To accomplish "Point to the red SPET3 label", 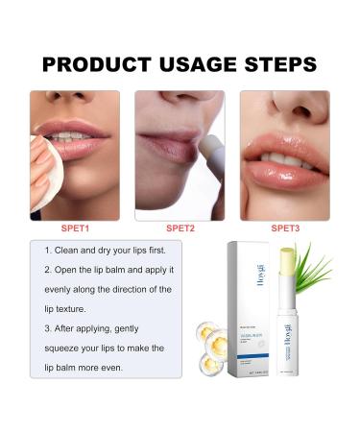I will click(285, 228).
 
